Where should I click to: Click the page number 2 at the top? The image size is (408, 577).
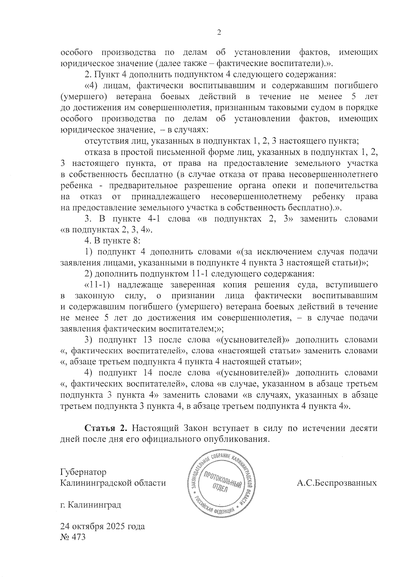pyautogui.click(x=219, y=32)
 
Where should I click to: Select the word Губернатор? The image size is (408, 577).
pyautogui.click(x=83, y=472)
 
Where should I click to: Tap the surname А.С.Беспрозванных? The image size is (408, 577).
pyautogui.click(x=337, y=483)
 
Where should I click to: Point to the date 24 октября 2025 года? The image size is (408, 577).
pyautogui.click(x=102, y=526)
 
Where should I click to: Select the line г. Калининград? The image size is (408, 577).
pyautogui.click(x=90, y=505)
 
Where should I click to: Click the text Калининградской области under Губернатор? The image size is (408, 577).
pyautogui.click(x=113, y=483)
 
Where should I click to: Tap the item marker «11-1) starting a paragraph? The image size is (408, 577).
pyautogui.click(x=96, y=285)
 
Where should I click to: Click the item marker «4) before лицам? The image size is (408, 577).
pyautogui.click(x=91, y=85)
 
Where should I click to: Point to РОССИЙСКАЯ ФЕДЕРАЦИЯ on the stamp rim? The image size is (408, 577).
pyautogui.click(x=214, y=509)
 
